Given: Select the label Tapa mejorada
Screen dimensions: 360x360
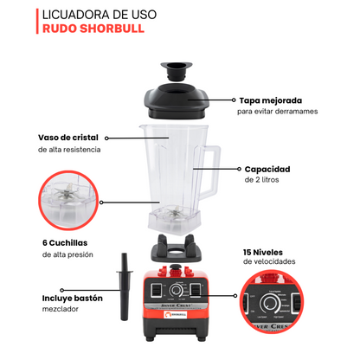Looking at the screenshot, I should click(265, 100).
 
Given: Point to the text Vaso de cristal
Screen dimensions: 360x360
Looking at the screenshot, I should click(68, 137).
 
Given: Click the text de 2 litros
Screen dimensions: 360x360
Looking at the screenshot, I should click(264, 181).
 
